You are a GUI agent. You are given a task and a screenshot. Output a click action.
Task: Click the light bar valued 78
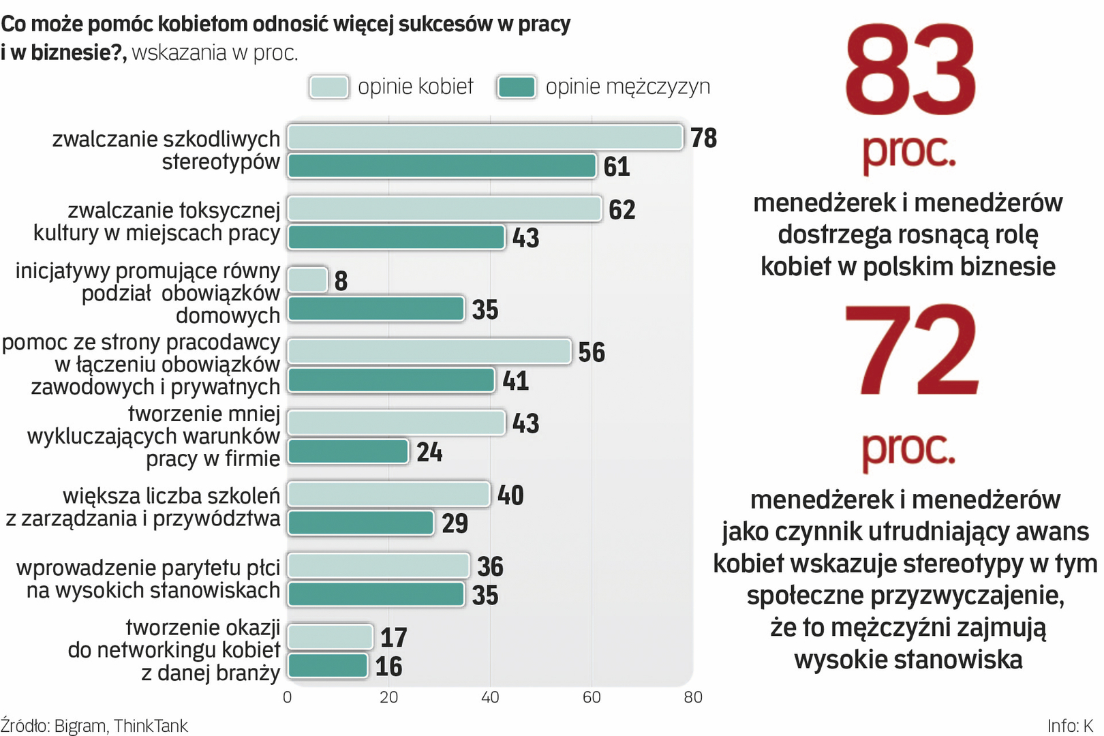pos(485,137)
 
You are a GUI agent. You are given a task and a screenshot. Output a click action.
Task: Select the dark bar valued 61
pos(442,166)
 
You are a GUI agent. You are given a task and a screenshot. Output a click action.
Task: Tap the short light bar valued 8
pos(307,280)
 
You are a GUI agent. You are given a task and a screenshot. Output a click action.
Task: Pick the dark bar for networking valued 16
pos(328,666)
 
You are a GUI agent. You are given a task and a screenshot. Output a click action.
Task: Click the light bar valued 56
pos(429,352)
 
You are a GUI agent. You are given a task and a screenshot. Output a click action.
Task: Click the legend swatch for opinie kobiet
pos(328,87)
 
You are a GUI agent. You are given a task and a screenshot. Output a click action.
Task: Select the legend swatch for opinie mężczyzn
pos(517,87)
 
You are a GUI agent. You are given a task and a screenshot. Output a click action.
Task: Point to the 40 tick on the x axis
pos(490,697)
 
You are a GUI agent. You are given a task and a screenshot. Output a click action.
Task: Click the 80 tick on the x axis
pos(692,697)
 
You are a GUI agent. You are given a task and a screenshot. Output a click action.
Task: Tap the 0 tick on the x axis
pos(287,697)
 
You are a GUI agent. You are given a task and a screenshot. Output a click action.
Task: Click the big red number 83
pos(910,70)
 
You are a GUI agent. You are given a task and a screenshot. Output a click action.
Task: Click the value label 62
pos(622,210)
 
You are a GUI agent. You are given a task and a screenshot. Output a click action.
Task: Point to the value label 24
pos(429,453)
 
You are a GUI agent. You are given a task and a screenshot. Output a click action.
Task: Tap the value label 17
pos(393,638)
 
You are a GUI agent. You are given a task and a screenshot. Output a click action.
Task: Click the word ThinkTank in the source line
pos(151,726)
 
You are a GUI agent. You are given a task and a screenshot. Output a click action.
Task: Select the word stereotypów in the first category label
pos(221,162)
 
